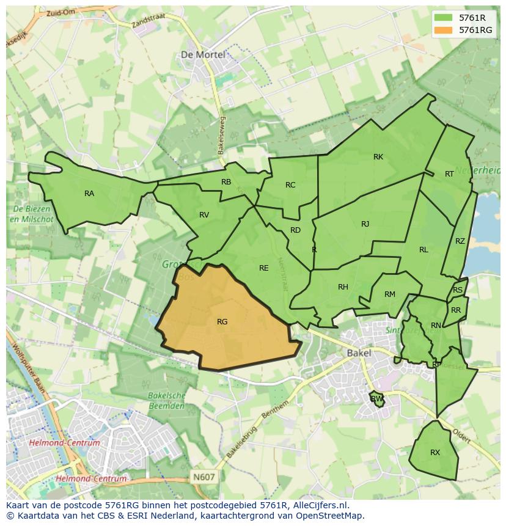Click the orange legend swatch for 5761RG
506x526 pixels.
[x=444, y=30]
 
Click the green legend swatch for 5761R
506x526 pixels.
[x=444, y=18]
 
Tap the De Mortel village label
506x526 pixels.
[x=202, y=54]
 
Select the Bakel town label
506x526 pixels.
[x=359, y=353]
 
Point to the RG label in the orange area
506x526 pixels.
[x=222, y=322]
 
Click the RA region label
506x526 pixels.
[x=89, y=194]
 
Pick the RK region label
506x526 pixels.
[x=378, y=157]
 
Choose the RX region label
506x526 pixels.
[x=435, y=453]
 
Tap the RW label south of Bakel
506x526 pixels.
[x=376, y=399]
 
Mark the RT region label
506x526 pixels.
[x=449, y=174]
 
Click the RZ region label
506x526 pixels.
[x=460, y=241]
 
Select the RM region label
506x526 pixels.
[x=390, y=294]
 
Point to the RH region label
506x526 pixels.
[x=343, y=287]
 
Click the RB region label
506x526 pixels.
[x=226, y=182]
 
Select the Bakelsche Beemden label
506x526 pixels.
[x=166, y=400]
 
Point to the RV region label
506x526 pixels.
[x=204, y=214]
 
